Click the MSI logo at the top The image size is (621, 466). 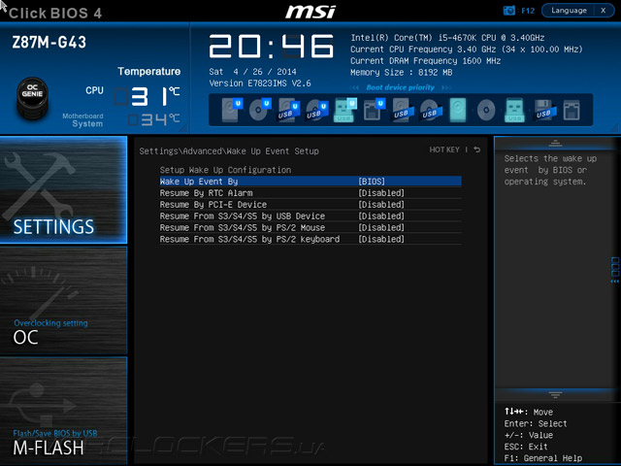coord(310,12)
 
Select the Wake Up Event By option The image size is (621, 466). coord(199,182)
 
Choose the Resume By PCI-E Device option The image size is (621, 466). coord(212,205)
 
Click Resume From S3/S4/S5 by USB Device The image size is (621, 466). coord(242,216)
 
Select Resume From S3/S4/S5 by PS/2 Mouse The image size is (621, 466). coord(242,228)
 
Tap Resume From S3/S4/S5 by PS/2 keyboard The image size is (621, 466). coord(249,240)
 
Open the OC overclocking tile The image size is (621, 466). coord(64,301)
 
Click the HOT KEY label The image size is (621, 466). coord(444,150)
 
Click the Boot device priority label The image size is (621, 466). coord(401,87)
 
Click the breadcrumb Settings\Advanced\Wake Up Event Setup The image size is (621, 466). coord(229,151)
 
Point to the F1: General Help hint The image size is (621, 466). coord(543,458)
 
